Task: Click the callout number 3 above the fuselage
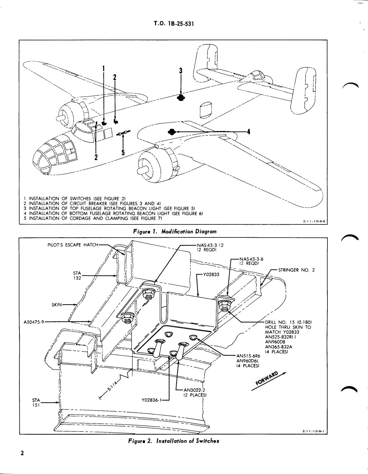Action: [181, 71]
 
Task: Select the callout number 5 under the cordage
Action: [123, 152]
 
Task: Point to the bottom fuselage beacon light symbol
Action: [172, 132]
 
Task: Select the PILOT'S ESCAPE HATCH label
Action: [73, 245]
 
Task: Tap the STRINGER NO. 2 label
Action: [296, 270]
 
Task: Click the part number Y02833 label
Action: [211, 275]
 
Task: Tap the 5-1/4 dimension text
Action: [112, 387]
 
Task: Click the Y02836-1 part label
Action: [151, 400]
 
